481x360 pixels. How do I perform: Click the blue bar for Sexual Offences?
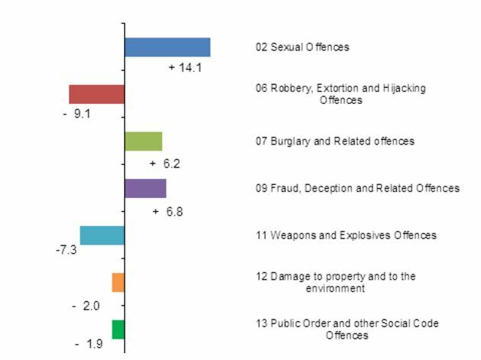[167, 47]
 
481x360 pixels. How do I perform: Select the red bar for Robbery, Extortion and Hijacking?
[96, 94]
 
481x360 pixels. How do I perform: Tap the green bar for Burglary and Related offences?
[143, 141]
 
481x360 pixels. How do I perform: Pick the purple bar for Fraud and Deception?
[145, 188]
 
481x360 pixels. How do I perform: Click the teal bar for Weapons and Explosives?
[102, 235]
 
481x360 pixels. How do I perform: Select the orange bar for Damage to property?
[118, 282]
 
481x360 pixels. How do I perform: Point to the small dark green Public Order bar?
[118, 329]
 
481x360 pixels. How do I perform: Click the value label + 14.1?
[185, 68]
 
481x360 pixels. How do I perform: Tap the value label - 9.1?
[76, 115]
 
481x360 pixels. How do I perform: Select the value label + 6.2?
[165, 164]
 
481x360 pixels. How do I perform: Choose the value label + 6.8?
[167, 212]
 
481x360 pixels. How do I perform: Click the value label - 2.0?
[86, 306]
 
